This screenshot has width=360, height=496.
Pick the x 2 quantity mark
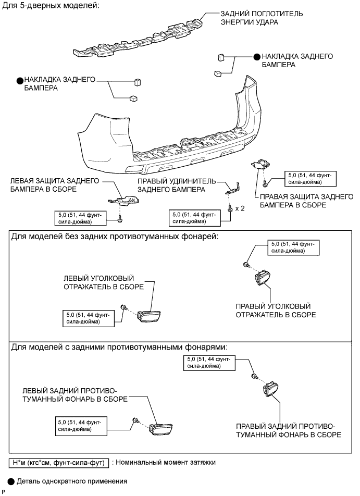(240, 208)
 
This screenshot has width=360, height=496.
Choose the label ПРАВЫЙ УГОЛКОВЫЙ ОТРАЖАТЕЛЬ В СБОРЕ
(276, 311)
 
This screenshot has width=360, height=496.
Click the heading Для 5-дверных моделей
(51, 5)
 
